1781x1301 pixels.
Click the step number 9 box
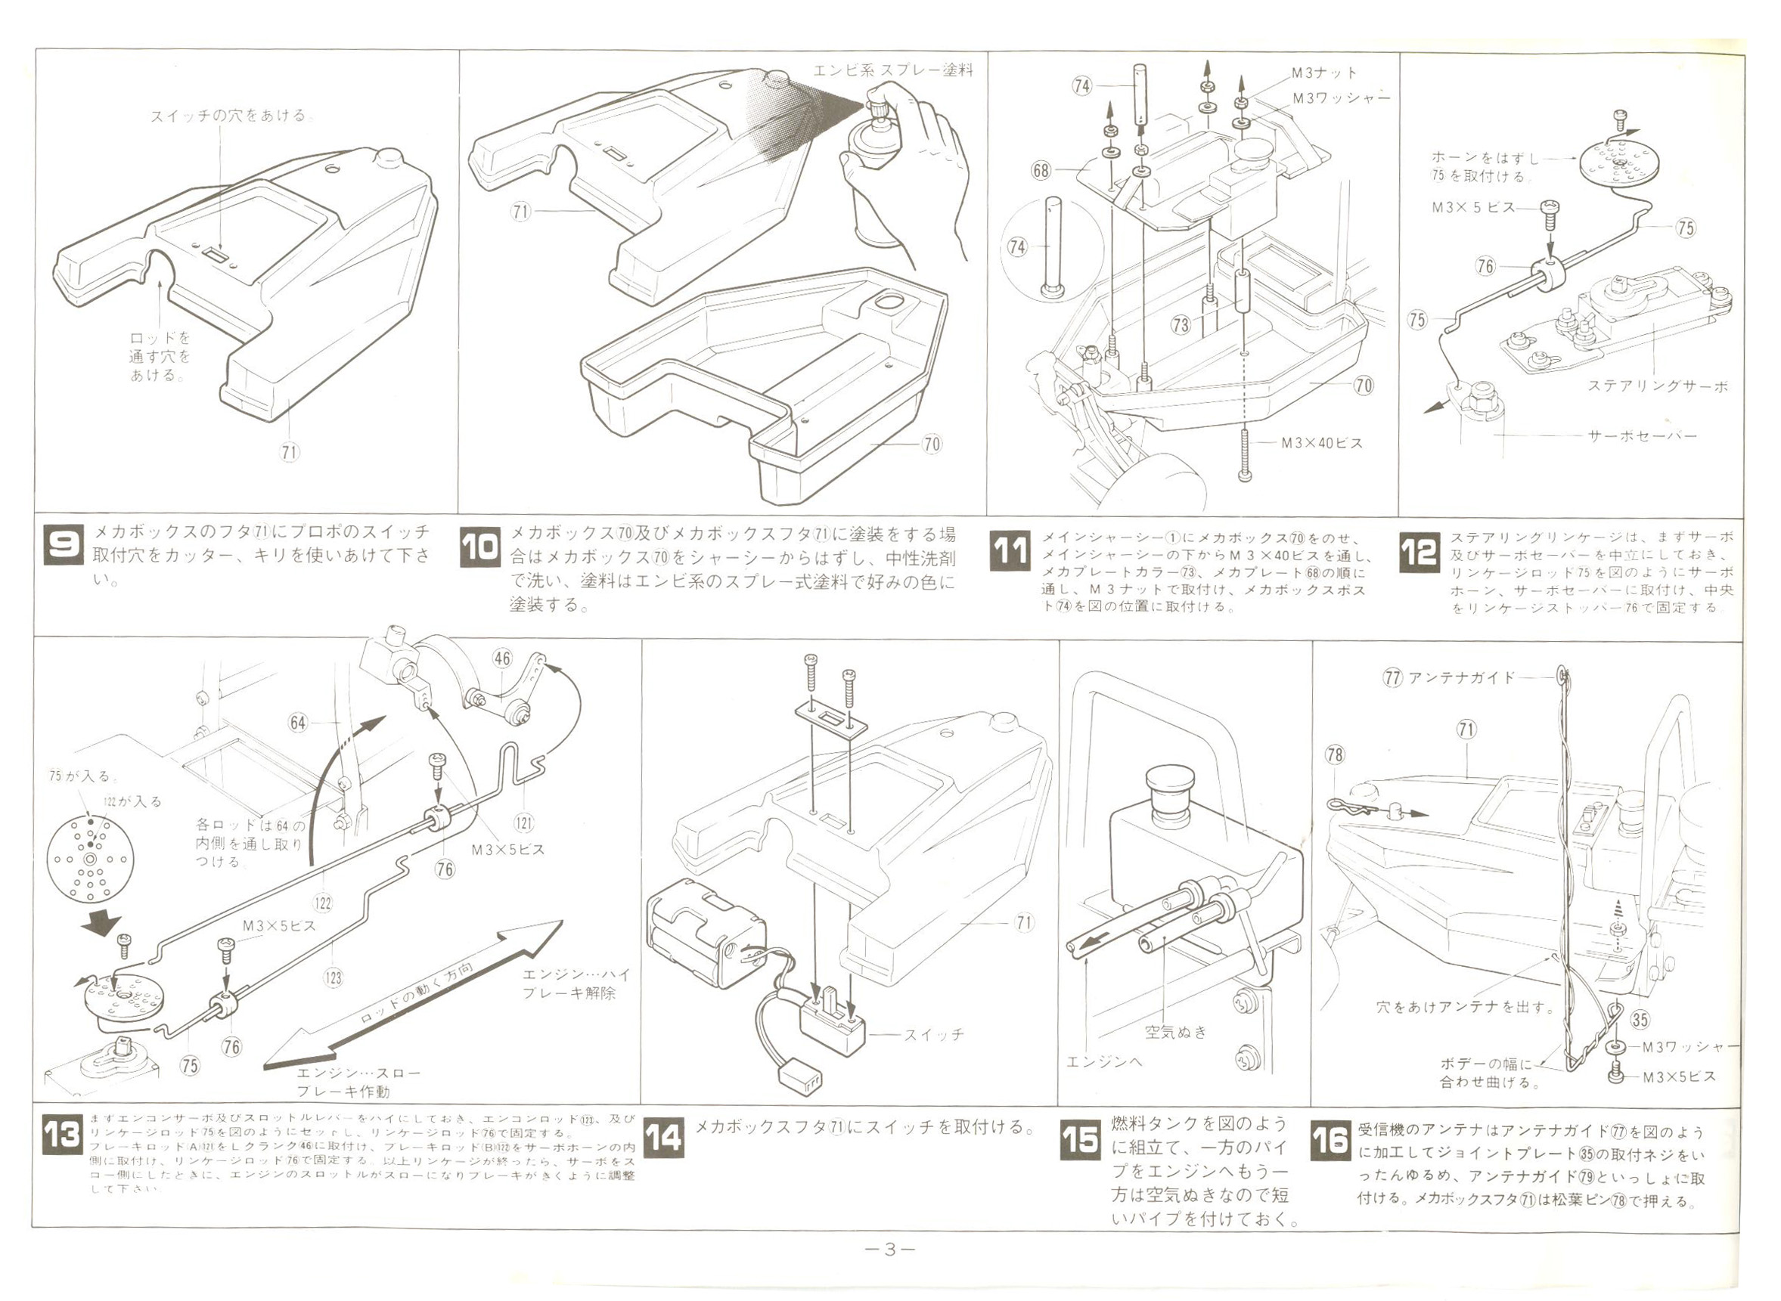62,544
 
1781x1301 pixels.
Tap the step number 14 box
663,1138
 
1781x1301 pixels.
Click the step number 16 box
1330,1139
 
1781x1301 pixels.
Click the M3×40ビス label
1321,444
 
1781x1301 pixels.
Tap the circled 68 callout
1041,170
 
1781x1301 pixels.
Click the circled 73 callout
1180,324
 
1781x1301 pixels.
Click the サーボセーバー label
1643,436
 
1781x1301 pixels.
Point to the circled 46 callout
501,658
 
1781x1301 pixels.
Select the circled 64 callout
298,722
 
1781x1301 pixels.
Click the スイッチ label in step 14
933,1035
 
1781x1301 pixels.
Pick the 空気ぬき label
1175,1032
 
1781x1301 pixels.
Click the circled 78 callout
1334,755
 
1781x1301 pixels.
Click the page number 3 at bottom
889,1249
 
